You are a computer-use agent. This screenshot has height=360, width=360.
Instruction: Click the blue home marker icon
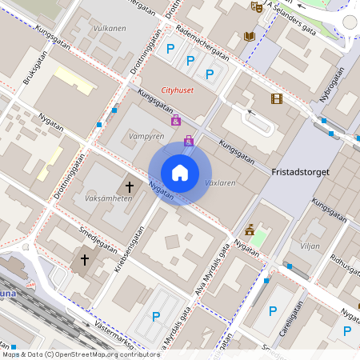click(180, 172)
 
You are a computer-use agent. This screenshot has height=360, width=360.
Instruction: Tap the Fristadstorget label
click(300, 172)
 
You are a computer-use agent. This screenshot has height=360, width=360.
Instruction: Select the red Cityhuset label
click(178, 90)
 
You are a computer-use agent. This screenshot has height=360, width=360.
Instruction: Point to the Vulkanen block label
click(110, 28)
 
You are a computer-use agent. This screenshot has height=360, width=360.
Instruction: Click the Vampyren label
click(146, 137)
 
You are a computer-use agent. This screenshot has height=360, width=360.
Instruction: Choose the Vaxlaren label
click(220, 183)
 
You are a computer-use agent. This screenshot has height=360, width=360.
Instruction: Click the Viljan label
click(309, 246)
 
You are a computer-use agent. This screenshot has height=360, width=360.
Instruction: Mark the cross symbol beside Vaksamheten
click(130, 186)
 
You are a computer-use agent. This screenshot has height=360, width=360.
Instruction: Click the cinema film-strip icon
click(276, 99)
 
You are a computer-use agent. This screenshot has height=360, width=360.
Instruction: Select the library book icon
click(250, 36)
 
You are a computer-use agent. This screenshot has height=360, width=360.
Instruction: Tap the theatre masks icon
click(256, 7)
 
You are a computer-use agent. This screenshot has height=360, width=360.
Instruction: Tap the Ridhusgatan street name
click(346, 259)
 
